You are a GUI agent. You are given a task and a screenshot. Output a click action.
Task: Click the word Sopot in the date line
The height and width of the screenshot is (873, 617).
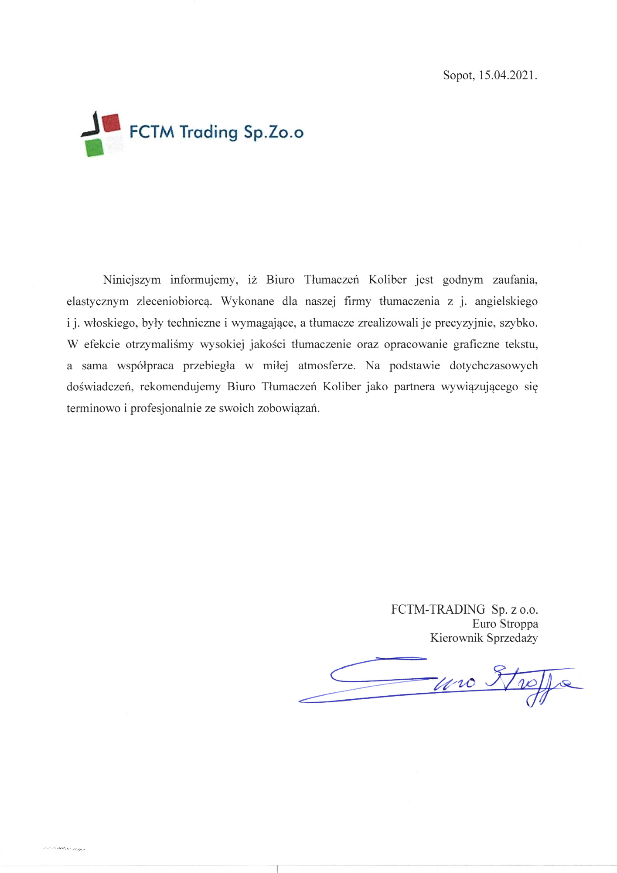[x=458, y=76]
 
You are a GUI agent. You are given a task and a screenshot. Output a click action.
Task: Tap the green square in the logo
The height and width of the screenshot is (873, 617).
[x=95, y=148]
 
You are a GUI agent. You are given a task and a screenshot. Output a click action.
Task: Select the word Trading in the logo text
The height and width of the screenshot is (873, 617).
[x=208, y=132]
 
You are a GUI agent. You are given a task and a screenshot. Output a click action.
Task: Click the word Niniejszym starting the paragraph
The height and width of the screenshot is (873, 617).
[x=132, y=280]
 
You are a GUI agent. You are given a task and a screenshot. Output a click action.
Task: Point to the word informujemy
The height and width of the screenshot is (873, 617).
[x=204, y=280]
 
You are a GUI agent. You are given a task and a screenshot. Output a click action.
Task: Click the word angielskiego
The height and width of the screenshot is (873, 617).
[x=506, y=302]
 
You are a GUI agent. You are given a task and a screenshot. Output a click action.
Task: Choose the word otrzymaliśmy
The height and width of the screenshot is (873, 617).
[x=160, y=344]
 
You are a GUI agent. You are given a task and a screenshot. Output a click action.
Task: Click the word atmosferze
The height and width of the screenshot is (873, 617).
[x=327, y=366]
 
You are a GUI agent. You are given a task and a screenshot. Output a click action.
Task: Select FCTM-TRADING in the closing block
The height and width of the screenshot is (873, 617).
[x=438, y=609]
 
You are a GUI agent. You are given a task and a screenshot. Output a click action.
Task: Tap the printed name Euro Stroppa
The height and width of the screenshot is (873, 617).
[x=505, y=624]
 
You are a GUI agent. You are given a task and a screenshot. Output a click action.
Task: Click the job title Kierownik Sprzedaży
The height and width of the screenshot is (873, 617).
[x=484, y=638]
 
